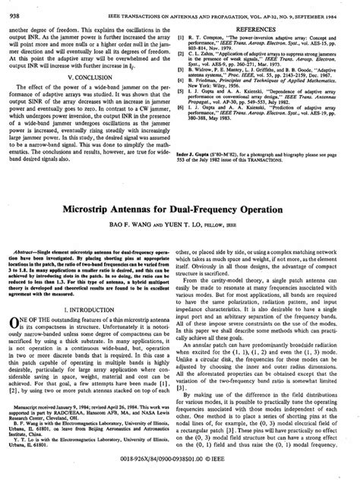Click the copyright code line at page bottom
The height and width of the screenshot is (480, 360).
(x=180, y=469)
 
